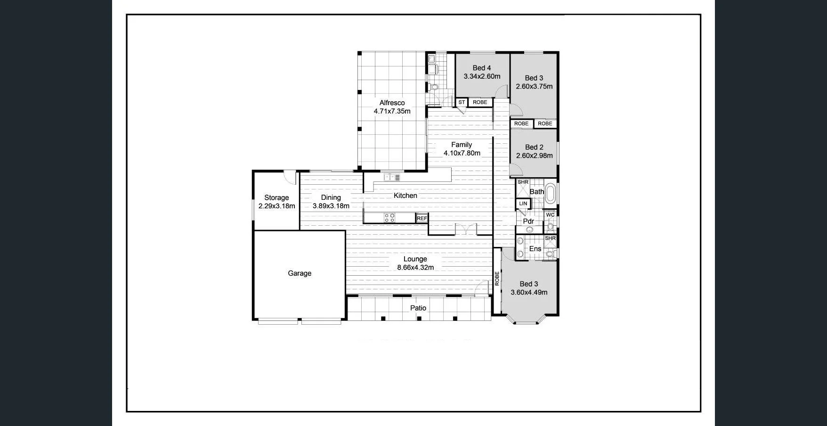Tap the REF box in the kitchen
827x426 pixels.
[422, 218]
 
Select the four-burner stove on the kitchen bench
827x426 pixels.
[389, 218]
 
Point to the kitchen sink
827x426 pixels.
[391, 178]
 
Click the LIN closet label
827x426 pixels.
[523, 204]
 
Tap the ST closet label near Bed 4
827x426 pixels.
[462, 102]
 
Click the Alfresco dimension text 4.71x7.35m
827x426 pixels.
[392, 112]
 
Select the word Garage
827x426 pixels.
[300, 273]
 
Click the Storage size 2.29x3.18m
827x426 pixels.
[276, 206]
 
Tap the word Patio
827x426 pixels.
[418, 308]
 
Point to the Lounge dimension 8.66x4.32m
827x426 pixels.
[415, 268]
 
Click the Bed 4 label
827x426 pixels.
[481, 68]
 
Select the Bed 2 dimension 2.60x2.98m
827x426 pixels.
[534, 156]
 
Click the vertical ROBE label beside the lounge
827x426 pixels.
[496, 278]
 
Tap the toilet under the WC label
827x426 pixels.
[550, 227]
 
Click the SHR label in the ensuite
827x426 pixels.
[550, 238]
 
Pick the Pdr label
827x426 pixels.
[528, 221]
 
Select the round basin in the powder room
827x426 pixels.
[529, 230]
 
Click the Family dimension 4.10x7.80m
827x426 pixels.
[462, 153]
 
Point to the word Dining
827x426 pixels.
[331, 197]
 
